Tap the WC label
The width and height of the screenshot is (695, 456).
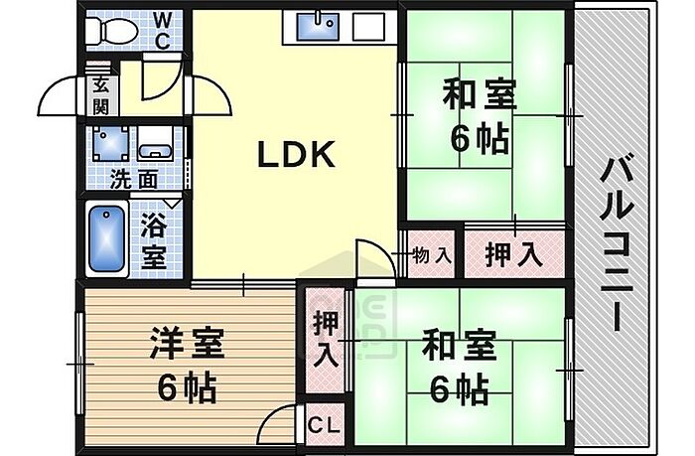tap(162, 30)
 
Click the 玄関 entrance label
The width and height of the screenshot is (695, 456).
tap(100, 95)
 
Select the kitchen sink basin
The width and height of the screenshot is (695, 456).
tap(318, 26)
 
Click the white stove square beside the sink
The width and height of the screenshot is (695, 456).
tap(368, 27)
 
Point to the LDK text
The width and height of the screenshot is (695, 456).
tap(296, 154)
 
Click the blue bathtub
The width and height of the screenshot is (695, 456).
tap(106, 239)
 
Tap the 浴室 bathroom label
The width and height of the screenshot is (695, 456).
tap(154, 241)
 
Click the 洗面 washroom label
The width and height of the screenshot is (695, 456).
tap(133, 180)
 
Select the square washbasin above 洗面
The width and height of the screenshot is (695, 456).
tap(111, 144)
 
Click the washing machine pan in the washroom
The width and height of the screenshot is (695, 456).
tap(155, 143)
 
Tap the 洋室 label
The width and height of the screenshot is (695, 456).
tap(187, 343)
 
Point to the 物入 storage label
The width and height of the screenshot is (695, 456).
tap(432, 255)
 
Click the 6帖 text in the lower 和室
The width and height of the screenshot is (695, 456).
tap(460, 389)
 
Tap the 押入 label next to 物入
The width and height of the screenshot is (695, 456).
tap(513, 255)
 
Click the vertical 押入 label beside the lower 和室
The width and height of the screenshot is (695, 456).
tap(327, 339)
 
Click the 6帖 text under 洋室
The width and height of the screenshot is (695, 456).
tap(187, 387)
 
